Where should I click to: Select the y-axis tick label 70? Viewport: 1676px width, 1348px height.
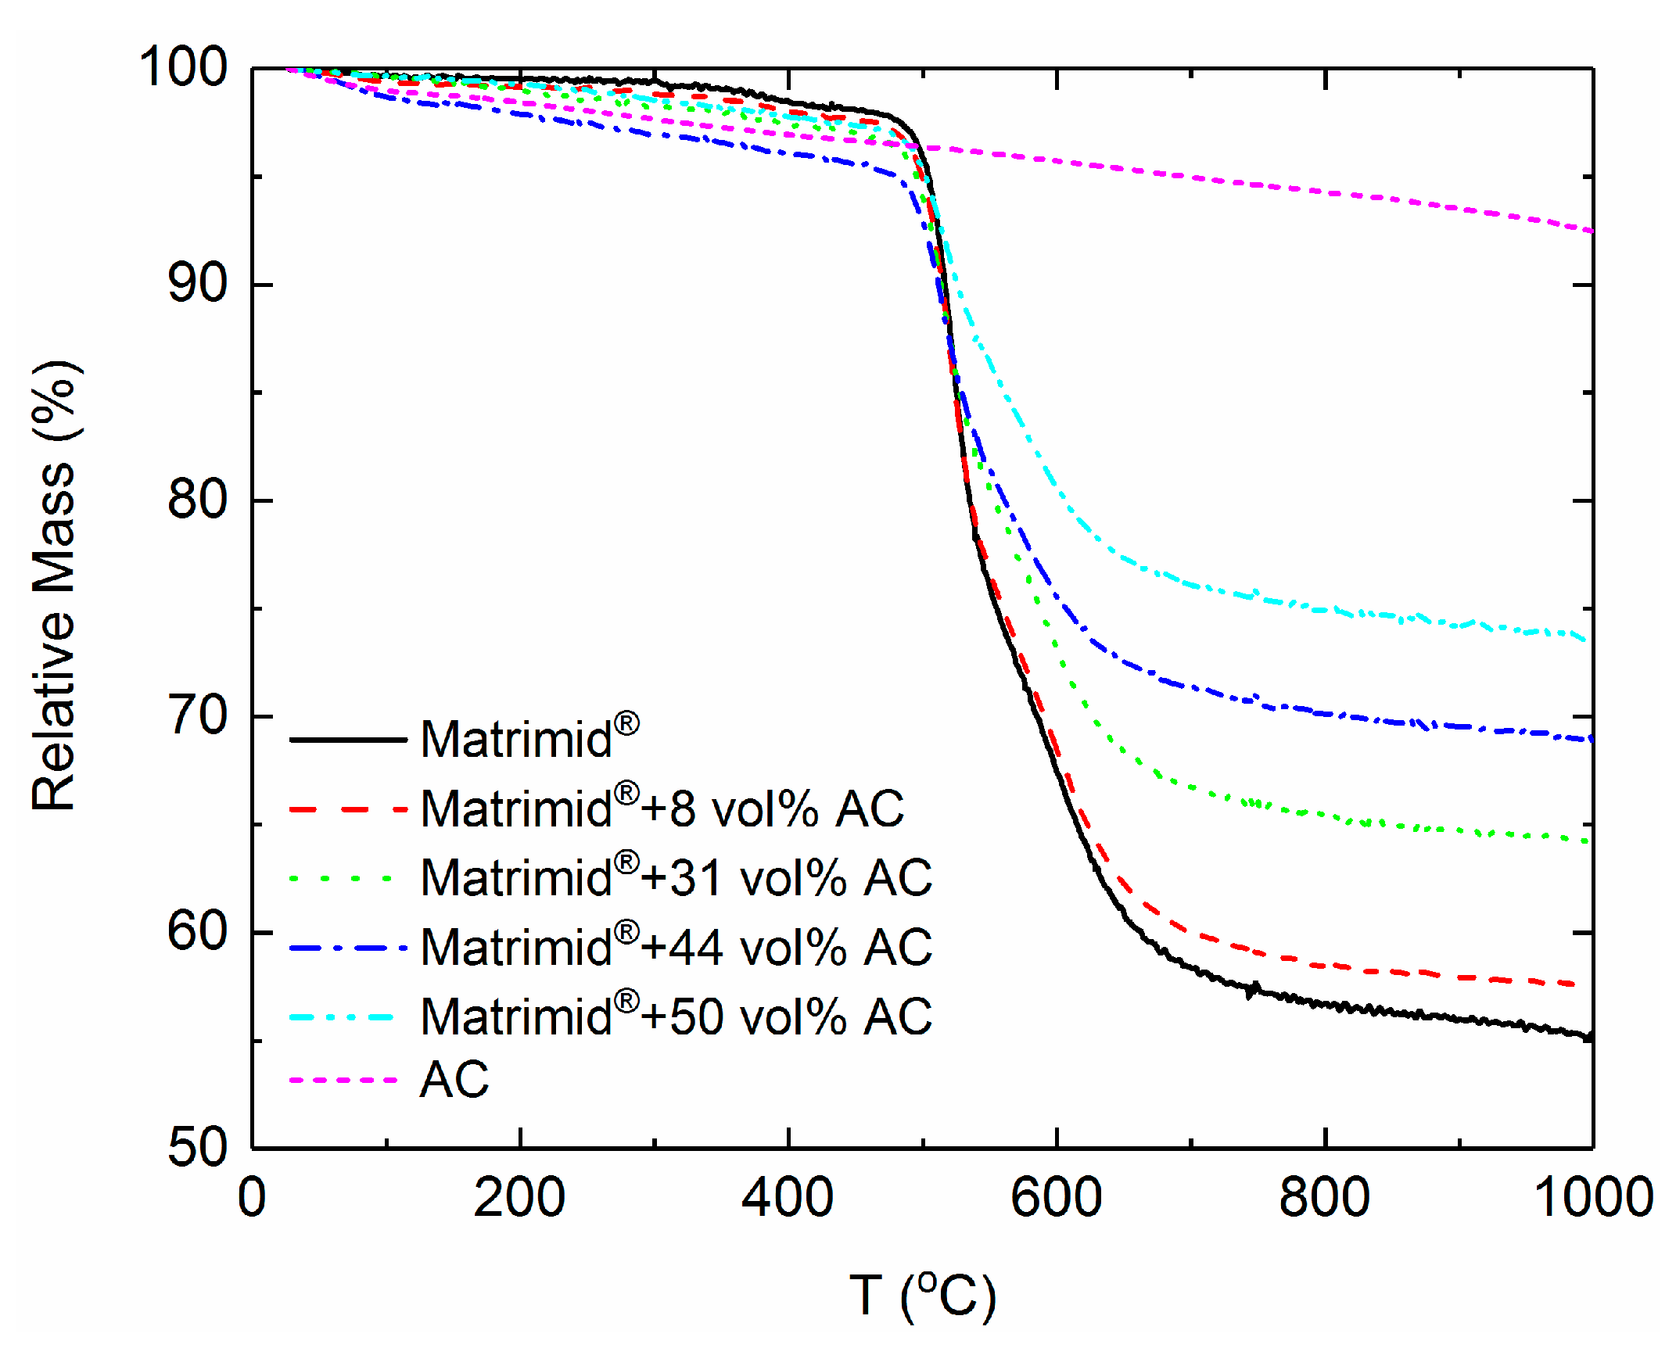coord(197,715)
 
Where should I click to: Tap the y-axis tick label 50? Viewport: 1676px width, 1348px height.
coord(197,1147)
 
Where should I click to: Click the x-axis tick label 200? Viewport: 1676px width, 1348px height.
coord(519,1198)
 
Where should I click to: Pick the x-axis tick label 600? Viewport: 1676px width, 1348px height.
coord(1056,1198)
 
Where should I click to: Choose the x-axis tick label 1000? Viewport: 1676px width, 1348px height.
coord(1592,1198)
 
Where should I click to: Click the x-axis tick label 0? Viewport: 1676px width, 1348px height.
coord(252,1198)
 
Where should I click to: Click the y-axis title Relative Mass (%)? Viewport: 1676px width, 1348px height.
coord(55,586)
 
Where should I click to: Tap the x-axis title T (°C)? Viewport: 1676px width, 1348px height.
coord(923,1296)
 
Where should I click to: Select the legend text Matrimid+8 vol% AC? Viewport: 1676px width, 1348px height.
coord(662,808)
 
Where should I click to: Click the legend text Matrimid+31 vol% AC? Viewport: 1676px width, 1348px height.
coord(676,877)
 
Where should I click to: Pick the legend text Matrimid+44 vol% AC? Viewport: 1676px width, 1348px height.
coord(676,947)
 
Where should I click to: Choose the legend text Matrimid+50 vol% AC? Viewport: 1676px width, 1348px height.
coord(676,1016)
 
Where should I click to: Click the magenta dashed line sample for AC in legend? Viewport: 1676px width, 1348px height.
coord(344,1080)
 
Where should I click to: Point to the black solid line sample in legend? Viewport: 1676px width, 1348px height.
coord(348,739)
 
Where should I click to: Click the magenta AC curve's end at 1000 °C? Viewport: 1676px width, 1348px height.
coord(1590,231)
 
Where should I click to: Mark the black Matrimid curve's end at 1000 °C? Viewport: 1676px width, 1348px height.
coord(1589,1037)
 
